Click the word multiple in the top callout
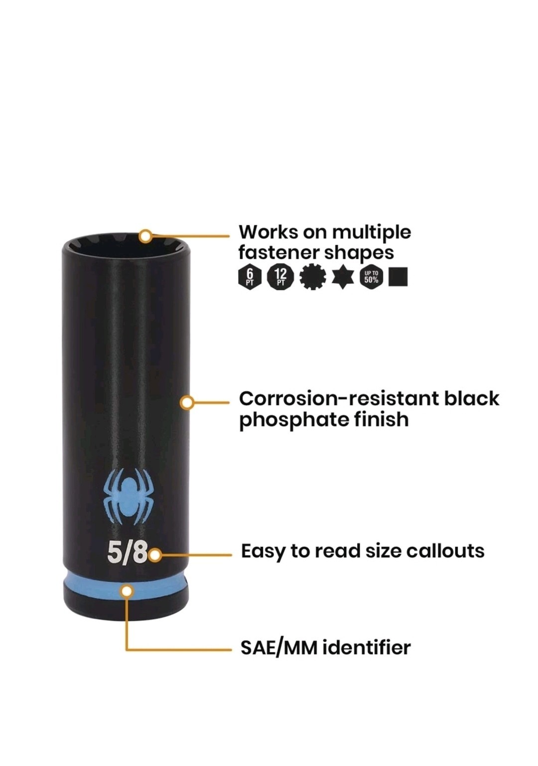tap(372, 234)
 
